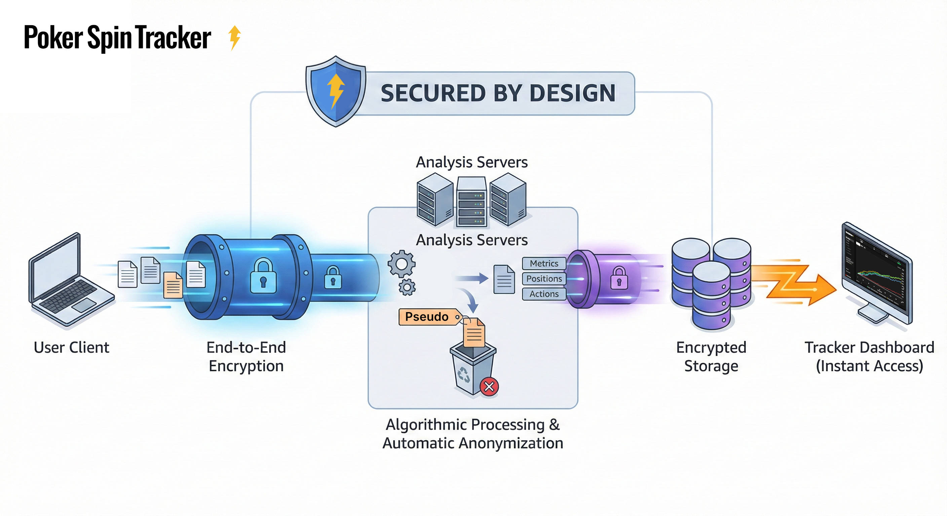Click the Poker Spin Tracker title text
[117, 38]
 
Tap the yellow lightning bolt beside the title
[234, 37]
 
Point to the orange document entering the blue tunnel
[173, 285]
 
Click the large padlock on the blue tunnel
[263, 276]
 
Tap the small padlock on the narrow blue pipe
[333, 277]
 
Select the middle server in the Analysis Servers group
[472, 202]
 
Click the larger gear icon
[402, 264]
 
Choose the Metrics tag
[544, 263]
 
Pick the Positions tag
[544, 279]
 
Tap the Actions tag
[544, 294]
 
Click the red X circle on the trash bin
[489, 386]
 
